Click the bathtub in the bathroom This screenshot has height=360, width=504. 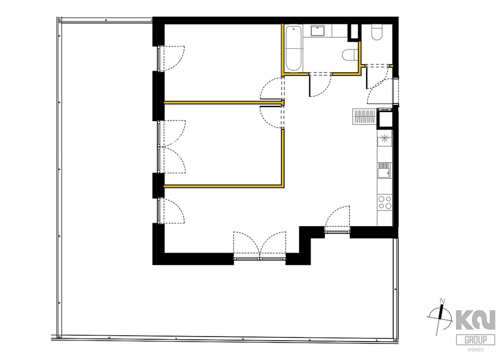(x=293, y=48)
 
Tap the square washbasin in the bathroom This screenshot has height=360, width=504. (x=317, y=31)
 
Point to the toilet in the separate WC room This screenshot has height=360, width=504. (x=377, y=32)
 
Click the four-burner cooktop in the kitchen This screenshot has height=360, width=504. (x=385, y=202)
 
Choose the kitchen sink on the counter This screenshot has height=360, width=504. (x=385, y=170)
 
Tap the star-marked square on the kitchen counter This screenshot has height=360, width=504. (x=385, y=138)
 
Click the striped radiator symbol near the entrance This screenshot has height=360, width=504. (x=365, y=116)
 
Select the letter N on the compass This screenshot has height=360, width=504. (x=443, y=301)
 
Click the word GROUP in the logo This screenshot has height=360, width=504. (x=476, y=340)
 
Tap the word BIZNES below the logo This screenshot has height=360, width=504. (x=476, y=350)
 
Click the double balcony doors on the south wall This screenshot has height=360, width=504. (x=259, y=246)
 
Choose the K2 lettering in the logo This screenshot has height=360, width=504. (x=476, y=320)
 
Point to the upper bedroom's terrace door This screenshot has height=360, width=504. (x=171, y=59)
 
